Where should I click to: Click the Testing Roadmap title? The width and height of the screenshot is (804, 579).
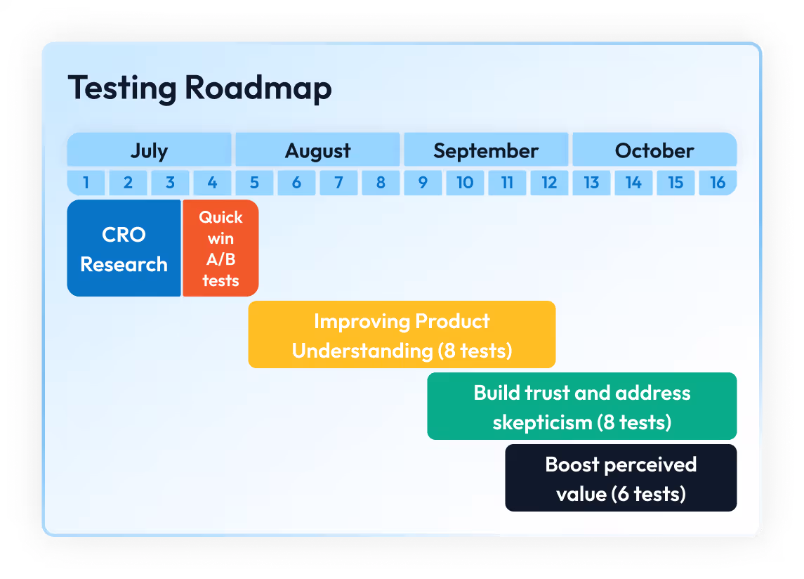pos(199,89)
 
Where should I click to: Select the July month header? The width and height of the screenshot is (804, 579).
pos(149,150)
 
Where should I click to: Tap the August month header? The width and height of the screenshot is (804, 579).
pos(317,150)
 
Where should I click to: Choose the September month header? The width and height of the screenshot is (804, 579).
pos(486,150)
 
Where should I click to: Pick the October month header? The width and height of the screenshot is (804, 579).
pos(654,150)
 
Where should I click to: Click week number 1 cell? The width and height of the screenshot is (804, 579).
pos(86,183)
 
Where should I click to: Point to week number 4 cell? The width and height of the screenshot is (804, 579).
pos(212,183)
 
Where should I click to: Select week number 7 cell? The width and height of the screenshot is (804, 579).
pos(338,183)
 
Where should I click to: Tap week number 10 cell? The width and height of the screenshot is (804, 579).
pos(465,183)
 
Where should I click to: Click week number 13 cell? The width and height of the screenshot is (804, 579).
pos(591,183)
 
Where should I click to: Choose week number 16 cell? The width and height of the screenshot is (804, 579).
pos(718,183)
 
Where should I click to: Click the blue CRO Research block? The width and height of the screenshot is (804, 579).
pos(124,249)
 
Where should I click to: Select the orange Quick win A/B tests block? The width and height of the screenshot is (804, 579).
pos(220,249)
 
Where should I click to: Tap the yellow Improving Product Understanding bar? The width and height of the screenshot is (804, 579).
pos(402,335)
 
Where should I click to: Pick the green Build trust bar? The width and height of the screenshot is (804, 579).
pos(582,407)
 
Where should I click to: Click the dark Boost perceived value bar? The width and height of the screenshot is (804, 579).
pos(621,479)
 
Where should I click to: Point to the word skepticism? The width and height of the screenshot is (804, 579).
pos(542,422)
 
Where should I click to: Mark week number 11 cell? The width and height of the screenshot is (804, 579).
pos(507,183)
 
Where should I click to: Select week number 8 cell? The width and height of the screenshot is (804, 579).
pos(381,183)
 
